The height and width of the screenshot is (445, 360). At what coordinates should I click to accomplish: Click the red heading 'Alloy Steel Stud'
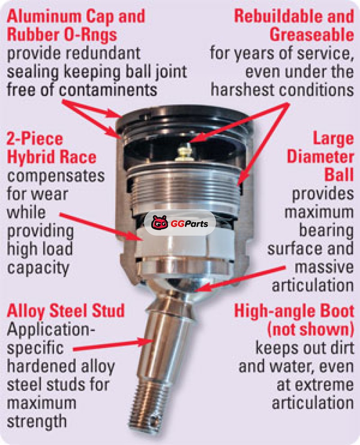[66, 311]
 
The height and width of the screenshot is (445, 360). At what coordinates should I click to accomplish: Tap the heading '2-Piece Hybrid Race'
[52, 148]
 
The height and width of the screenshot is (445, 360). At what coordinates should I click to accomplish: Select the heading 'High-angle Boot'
[294, 311]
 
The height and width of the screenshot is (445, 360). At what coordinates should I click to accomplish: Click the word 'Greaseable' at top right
[312, 35]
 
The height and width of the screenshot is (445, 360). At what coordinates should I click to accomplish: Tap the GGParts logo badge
[180, 223]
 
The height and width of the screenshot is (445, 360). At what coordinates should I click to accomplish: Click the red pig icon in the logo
[160, 223]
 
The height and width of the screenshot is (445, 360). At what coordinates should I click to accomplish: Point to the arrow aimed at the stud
[113, 345]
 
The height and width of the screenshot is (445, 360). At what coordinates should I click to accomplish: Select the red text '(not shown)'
[310, 329]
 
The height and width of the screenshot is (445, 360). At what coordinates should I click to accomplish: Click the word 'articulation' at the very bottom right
[313, 403]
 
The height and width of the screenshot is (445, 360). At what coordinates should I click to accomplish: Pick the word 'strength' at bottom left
[36, 421]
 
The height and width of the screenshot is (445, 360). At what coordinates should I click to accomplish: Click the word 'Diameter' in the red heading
[320, 157]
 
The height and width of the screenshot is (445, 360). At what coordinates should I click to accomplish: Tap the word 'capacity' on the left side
[38, 267]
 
